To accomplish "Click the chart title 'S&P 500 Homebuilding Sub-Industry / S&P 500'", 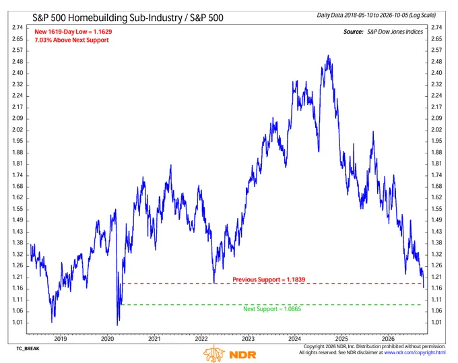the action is (x=128, y=18).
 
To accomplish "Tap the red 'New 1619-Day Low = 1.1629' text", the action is (x=73, y=32).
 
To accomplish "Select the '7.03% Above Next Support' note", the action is (x=71, y=40).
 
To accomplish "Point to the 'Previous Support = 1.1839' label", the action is (x=269, y=279).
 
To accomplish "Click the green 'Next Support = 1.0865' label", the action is (x=272, y=309).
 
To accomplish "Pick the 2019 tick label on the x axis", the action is (x=61, y=339).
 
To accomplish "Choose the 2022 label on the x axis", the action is (x=201, y=339).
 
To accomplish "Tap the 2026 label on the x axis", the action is (x=388, y=339).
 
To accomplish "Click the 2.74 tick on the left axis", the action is (x=18, y=28).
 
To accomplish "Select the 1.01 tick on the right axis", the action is (x=436, y=323).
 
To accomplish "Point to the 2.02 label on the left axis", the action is (x=18, y=130).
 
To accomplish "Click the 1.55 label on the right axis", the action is (x=436, y=209).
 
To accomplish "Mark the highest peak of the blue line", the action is (x=329, y=55).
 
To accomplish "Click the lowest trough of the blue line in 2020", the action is (x=117, y=325).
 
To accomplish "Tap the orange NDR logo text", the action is (x=242, y=355).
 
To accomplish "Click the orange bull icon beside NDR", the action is (x=214, y=354).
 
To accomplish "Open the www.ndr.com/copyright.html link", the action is (x=415, y=353).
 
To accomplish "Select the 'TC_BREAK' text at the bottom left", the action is (x=28, y=349).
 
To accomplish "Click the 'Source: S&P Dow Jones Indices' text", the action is (x=383, y=32).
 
